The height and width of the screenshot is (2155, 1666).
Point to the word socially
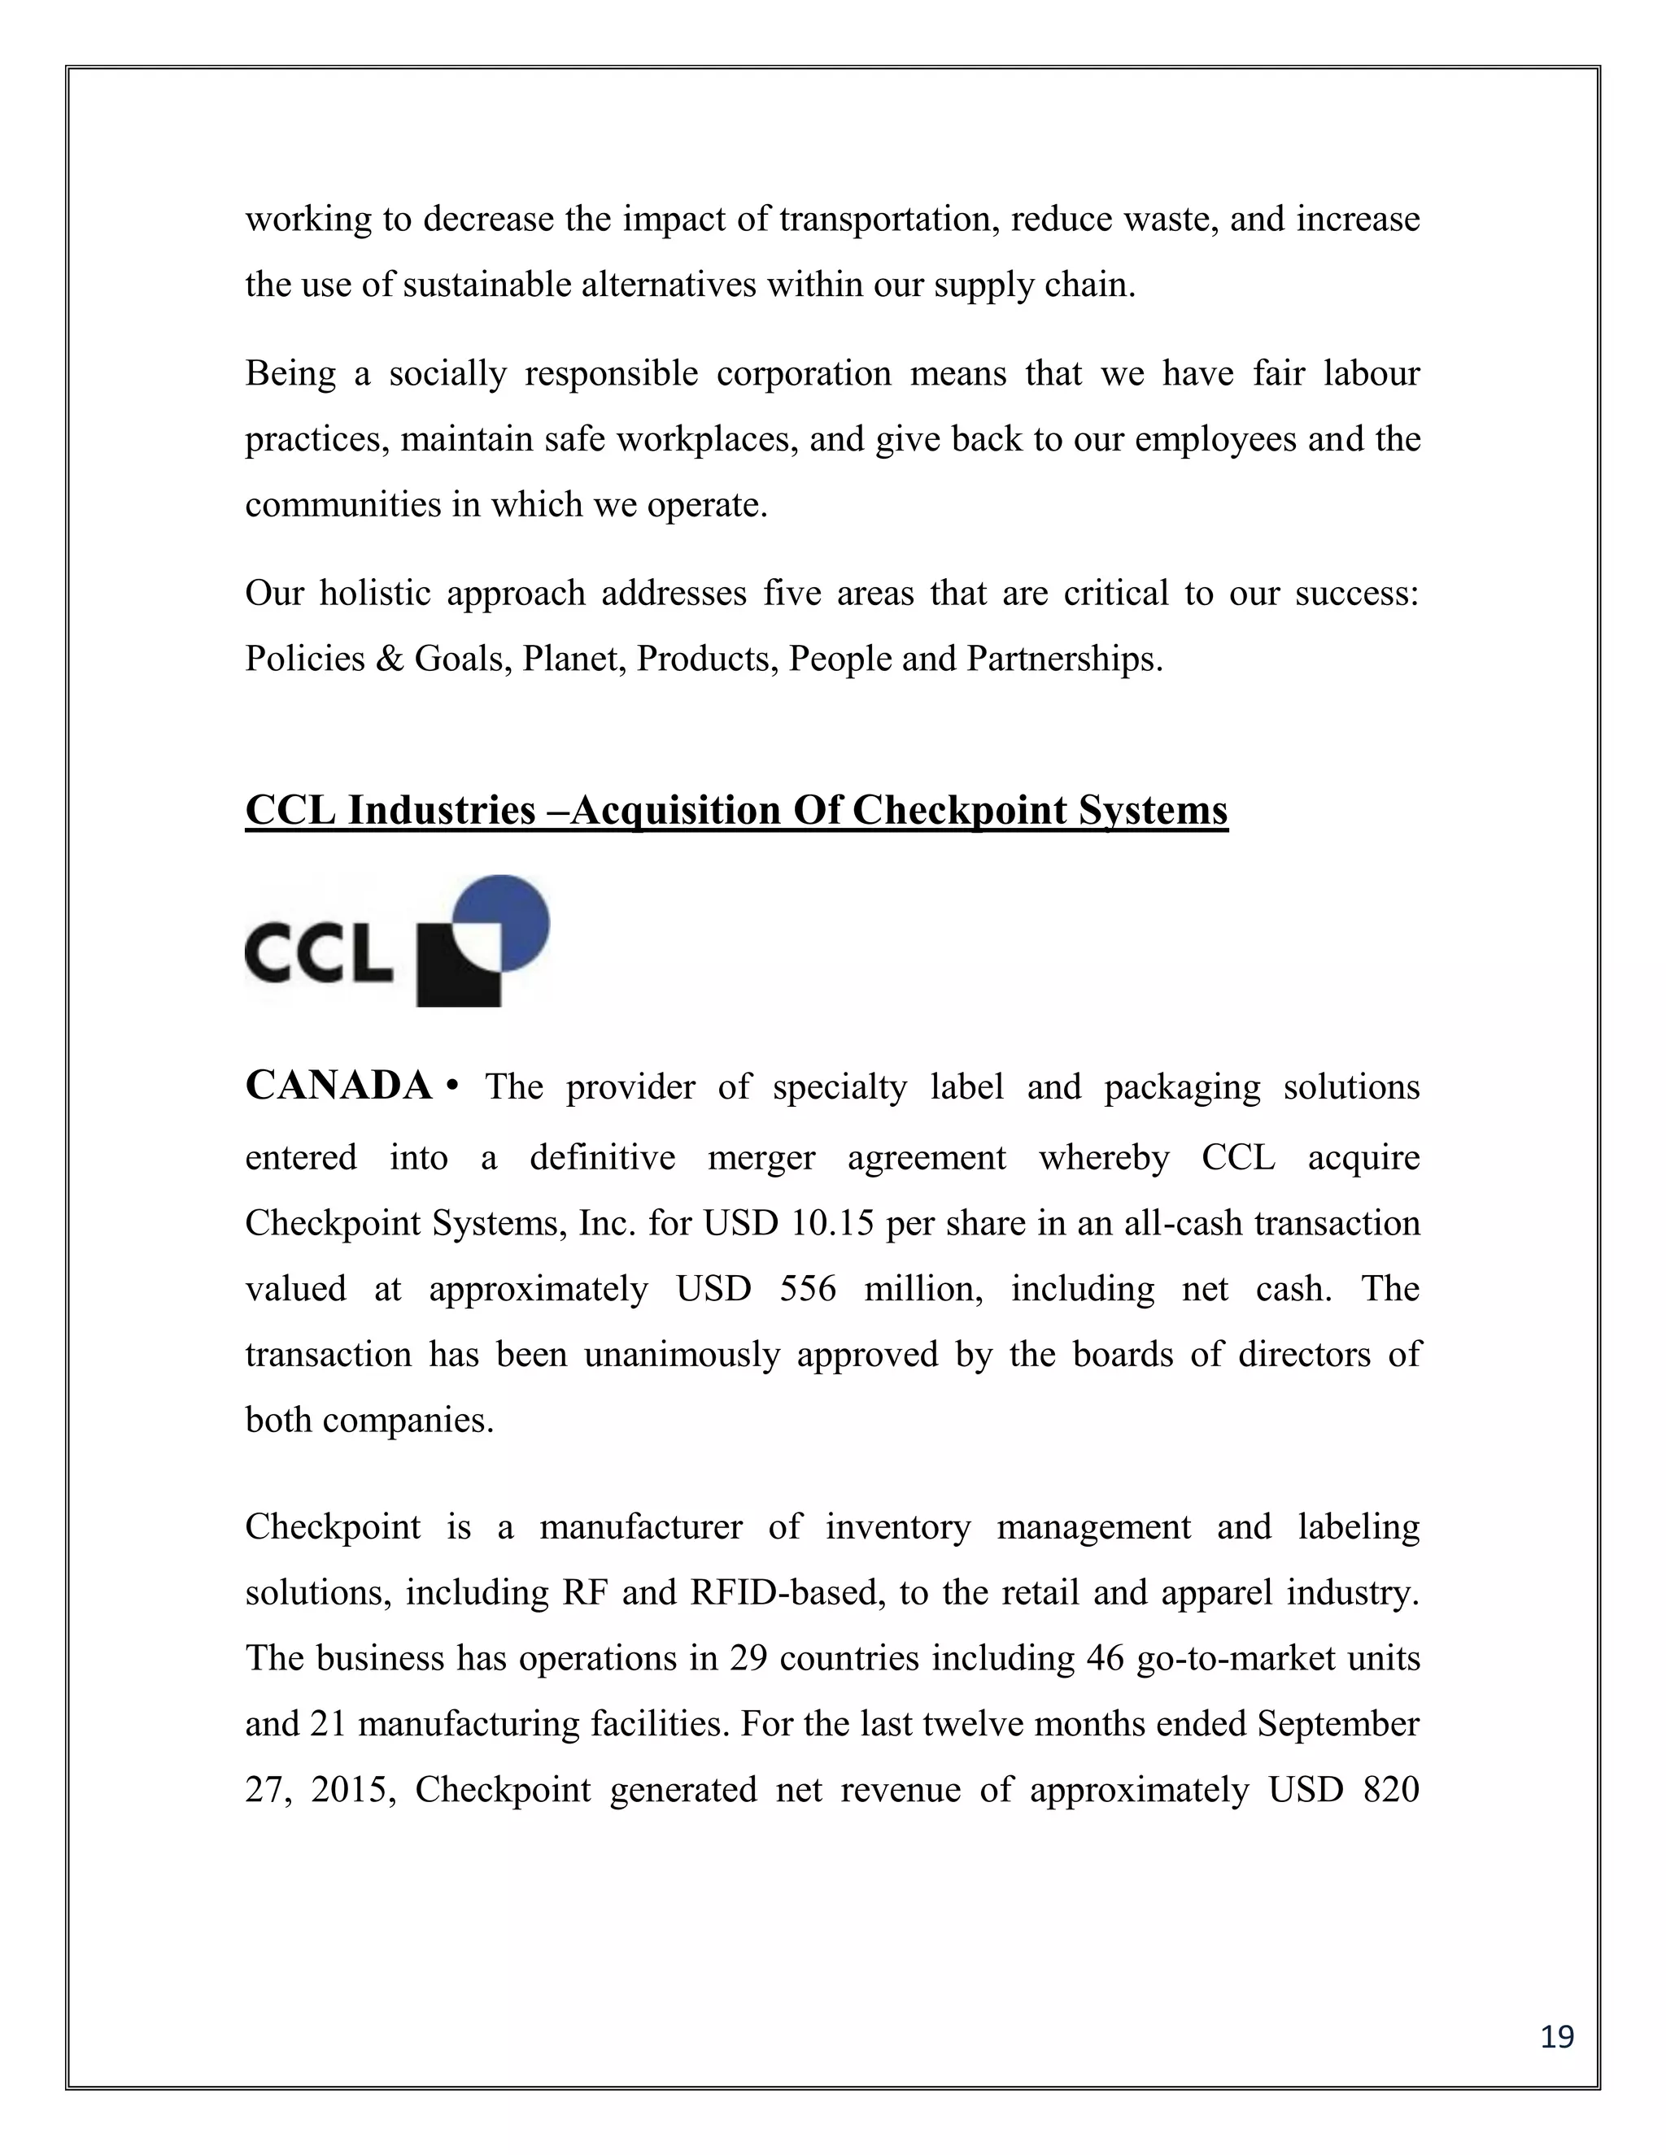point(447,374)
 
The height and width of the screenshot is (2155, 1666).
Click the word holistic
point(374,593)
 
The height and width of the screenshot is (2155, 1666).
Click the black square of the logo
point(457,972)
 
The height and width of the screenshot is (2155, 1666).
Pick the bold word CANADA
point(338,1086)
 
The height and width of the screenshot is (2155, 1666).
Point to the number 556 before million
point(807,1289)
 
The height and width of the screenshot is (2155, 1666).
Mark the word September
point(1337,1724)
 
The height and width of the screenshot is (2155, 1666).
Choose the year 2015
point(352,1789)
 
